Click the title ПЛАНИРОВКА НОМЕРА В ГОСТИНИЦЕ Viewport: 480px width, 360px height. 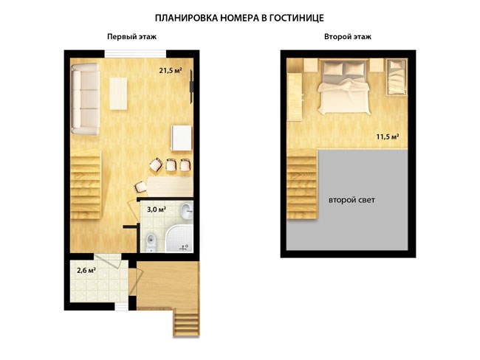239,18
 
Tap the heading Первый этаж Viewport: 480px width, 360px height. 131,37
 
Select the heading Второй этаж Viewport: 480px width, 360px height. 348,37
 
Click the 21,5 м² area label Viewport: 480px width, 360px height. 171,71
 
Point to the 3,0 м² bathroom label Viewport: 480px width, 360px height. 157,210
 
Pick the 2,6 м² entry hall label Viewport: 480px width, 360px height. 86,271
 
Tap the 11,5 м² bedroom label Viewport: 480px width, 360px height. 387,136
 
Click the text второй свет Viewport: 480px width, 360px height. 352,201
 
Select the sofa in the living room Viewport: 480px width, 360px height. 86,99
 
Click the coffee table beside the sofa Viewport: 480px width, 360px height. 118,93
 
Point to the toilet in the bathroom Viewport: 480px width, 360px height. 150,242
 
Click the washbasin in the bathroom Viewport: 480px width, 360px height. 186,211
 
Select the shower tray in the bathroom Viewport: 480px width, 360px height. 179,238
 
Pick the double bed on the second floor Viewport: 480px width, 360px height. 344,87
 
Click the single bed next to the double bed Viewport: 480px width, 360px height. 397,77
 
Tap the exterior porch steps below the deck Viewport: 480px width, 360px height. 186,322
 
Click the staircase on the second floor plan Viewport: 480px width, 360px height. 303,184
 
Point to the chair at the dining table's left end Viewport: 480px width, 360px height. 140,187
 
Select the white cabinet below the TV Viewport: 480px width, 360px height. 182,138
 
